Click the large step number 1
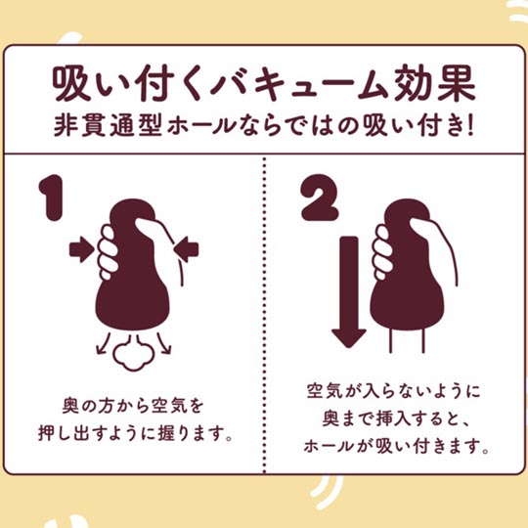(x=52, y=198)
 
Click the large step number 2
(x=319, y=198)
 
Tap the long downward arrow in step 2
(x=349, y=292)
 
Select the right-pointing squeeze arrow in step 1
(x=82, y=249)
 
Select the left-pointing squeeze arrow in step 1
(x=186, y=249)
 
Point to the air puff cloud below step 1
(x=133, y=352)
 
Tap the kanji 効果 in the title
(x=434, y=83)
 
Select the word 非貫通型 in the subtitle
(x=109, y=126)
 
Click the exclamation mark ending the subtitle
(x=470, y=126)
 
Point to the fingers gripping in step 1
(x=108, y=252)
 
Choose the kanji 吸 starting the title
(x=71, y=83)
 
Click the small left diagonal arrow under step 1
(x=103, y=343)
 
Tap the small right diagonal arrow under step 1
(x=163, y=343)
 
